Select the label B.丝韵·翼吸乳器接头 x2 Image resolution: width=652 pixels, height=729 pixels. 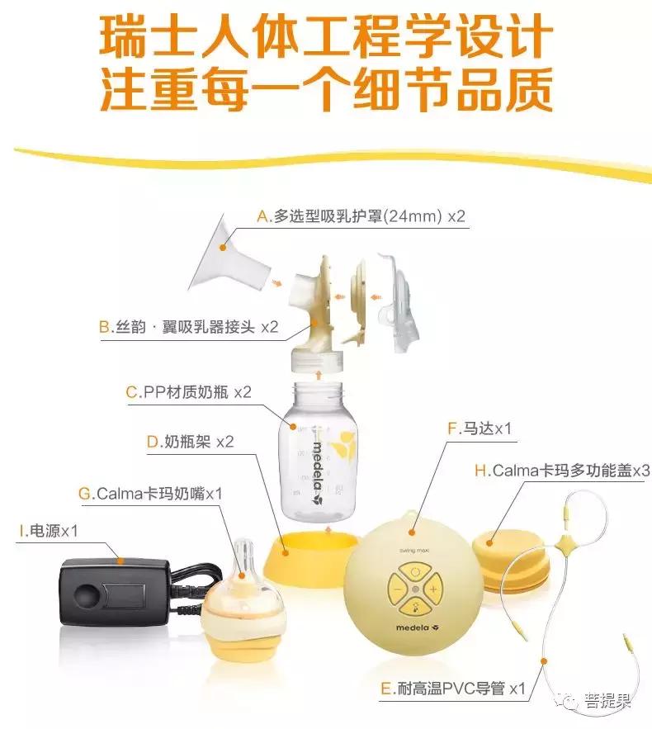coord(189,327)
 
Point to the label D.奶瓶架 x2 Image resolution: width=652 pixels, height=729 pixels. coord(190,442)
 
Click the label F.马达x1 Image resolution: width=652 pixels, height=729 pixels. coord(480,428)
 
